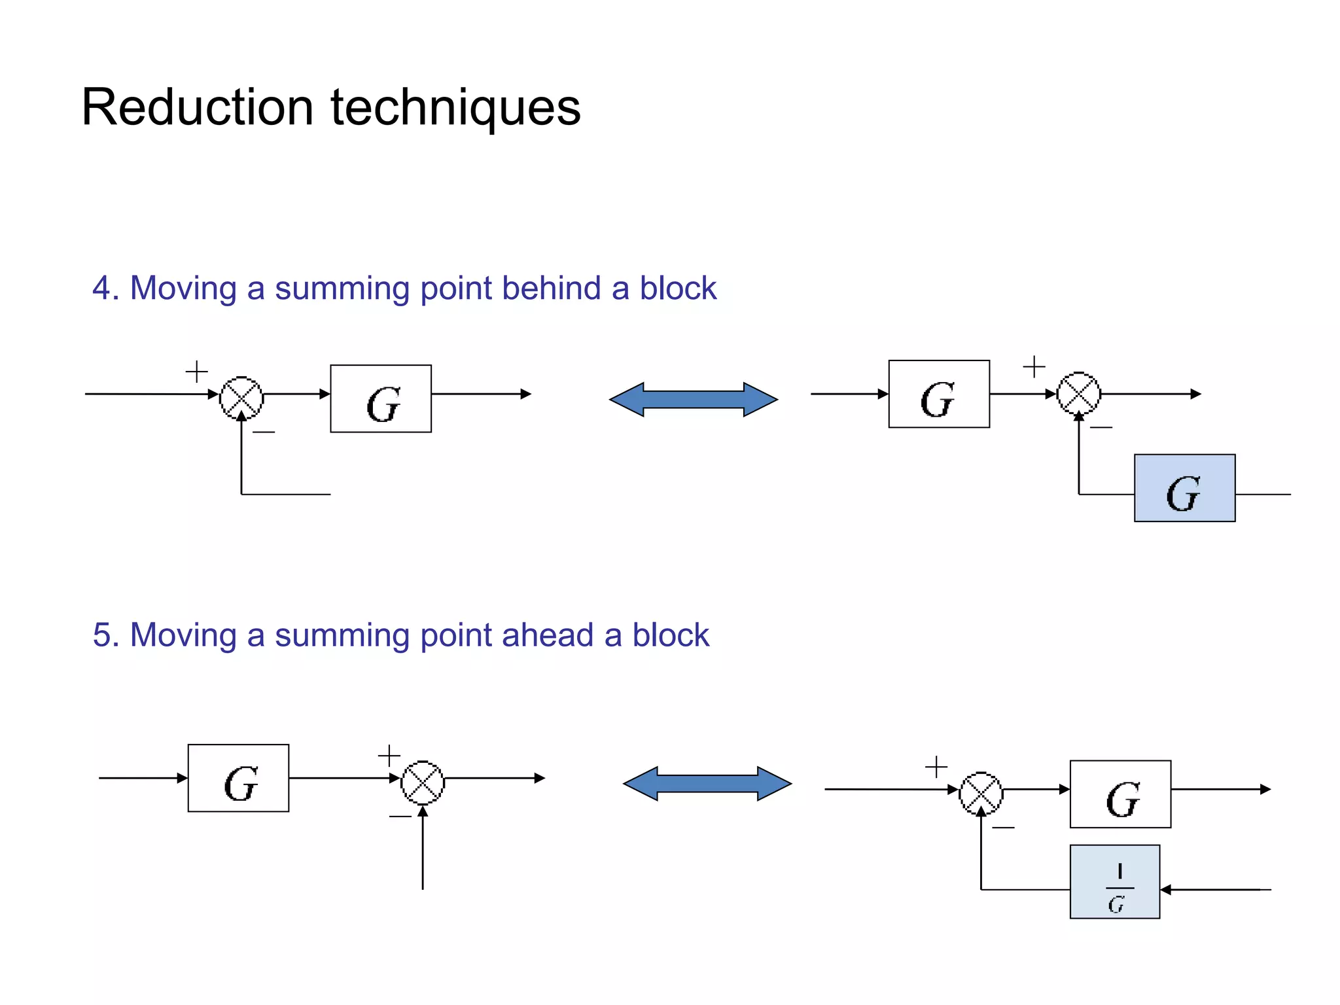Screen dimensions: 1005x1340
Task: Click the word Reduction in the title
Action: (x=197, y=108)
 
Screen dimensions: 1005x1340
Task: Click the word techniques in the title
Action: (x=455, y=108)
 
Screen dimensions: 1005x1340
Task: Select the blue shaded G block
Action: (x=1184, y=488)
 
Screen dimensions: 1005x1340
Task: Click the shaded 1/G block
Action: (x=1115, y=882)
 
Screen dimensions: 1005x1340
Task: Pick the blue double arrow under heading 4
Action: (x=694, y=400)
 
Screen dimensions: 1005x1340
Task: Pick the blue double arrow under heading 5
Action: (x=707, y=784)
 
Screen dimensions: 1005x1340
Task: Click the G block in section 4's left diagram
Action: (x=381, y=399)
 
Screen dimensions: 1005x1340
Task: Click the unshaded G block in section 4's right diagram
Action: (x=939, y=394)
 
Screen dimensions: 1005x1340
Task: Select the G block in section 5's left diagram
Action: (x=238, y=778)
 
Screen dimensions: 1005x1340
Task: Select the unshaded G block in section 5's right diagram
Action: (x=1120, y=794)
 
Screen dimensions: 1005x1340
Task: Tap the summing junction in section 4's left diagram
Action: (x=241, y=398)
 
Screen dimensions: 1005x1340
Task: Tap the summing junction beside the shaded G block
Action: (x=1079, y=393)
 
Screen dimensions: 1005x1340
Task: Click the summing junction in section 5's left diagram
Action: (x=423, y=783)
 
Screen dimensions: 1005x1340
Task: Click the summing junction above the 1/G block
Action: (x=981, y=794)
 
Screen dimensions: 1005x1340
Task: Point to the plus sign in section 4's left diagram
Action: (x=196, y=372)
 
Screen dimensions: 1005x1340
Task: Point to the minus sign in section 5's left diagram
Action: (x=400, y=816)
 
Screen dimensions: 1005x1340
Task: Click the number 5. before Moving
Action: (x=106, y=635)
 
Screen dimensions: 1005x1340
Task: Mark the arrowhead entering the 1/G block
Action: (x=1165, y=890)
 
